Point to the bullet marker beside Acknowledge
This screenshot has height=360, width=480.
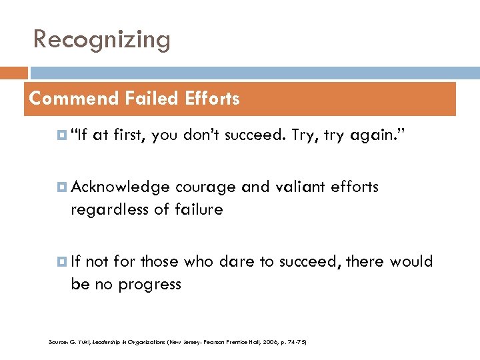(x=63, y=187)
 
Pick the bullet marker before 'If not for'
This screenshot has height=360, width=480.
(x=63, y=261)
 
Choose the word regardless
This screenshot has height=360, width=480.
(x=109, y=211)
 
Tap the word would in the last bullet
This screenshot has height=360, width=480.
(x=412, y=261)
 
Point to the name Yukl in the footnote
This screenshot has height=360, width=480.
(x=81, y=342)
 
